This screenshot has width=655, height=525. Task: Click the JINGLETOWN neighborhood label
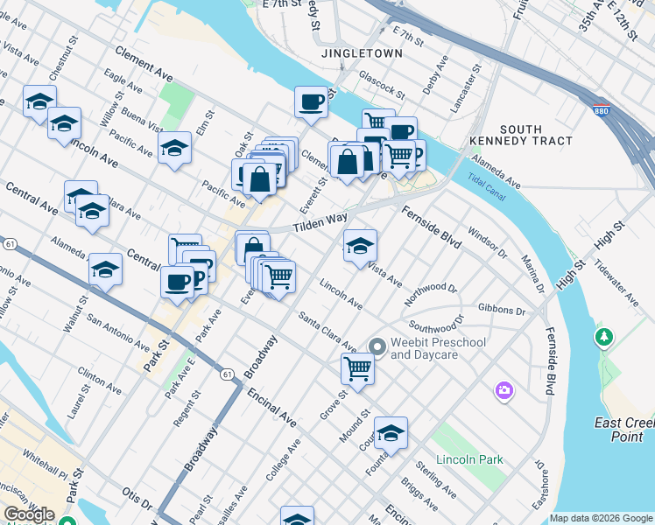click(362, 53)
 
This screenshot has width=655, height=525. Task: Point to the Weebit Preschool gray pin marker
click(377, 347)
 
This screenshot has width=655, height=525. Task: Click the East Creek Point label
click(623, 430)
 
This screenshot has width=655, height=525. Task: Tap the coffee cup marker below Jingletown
click(311, 102)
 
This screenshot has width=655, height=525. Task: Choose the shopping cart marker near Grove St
click(357, 368)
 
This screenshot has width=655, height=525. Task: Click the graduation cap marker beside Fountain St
click(391, 432)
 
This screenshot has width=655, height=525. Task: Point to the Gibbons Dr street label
click(502, 311)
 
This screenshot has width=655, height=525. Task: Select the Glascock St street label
click(381, 86)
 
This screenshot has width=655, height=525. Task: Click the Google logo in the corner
click(29, 514)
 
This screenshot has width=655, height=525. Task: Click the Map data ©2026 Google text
click(601, 518)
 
